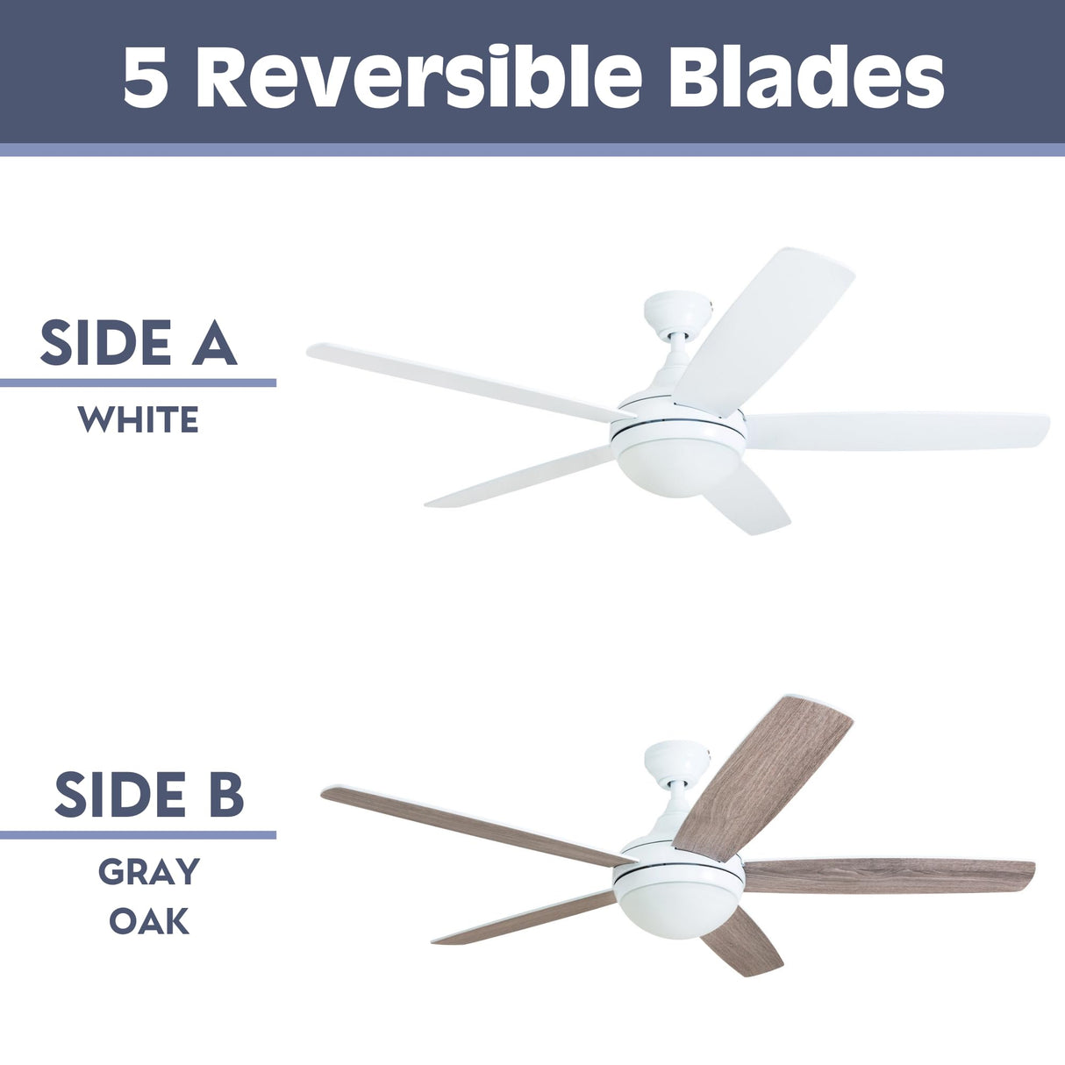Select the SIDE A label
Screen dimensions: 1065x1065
click(x=139, y=343)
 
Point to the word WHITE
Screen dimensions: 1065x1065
click(x=139, y=420)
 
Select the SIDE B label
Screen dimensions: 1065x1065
click(x=149, y=794)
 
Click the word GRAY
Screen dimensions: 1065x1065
click(x=149, y=872)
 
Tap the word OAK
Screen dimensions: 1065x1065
click(x=149, y=921)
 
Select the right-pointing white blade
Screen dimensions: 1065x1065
click(x=895, y=432)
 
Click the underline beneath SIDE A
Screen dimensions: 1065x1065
click(x=138, y=382)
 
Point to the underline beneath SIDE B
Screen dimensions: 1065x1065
click(x=138, y=834)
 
